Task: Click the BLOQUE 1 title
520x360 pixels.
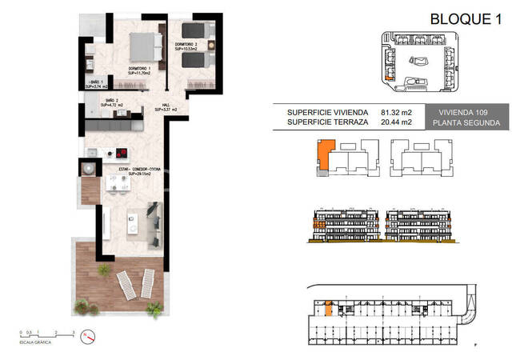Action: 466,19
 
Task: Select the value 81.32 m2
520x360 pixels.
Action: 396,113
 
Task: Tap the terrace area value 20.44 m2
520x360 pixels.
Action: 396,122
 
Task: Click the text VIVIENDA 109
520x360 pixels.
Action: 466,113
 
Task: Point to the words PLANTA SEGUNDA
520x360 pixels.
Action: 466,123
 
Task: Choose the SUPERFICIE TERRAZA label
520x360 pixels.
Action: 326,122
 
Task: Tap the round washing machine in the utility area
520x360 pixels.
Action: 86,169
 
